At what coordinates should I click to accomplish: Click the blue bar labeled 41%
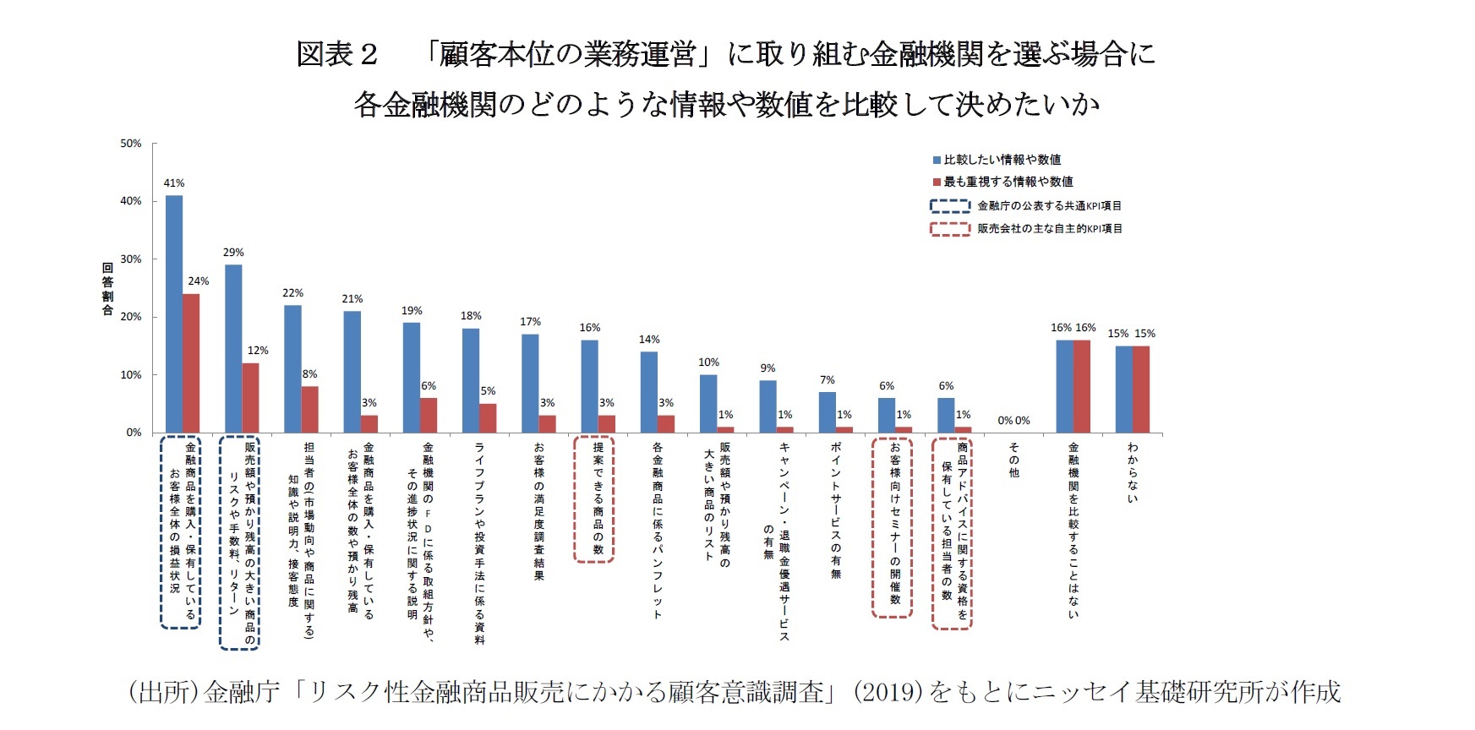(x=174, y=314)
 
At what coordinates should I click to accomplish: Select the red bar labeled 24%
(x=192, y=363)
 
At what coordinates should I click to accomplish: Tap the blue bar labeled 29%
(x=233, y=349)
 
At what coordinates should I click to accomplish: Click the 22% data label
(x=292, y=293)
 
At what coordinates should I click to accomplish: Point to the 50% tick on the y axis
(x=131, y=144)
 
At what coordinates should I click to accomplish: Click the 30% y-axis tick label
(x=131, y=259)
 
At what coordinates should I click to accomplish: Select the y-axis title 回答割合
(x=107, y=289)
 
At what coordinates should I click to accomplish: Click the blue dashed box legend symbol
(x=950, y=206)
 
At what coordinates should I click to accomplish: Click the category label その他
(x=1014, y=460)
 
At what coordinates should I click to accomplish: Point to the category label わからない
(x=1133, y=472)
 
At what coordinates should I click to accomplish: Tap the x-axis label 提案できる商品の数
(x=598, y=498)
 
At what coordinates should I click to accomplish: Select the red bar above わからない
(x=1141, y=390)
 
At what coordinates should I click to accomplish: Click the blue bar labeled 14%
(x=649, y=392)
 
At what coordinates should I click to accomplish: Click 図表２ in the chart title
(x=336, y=55)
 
